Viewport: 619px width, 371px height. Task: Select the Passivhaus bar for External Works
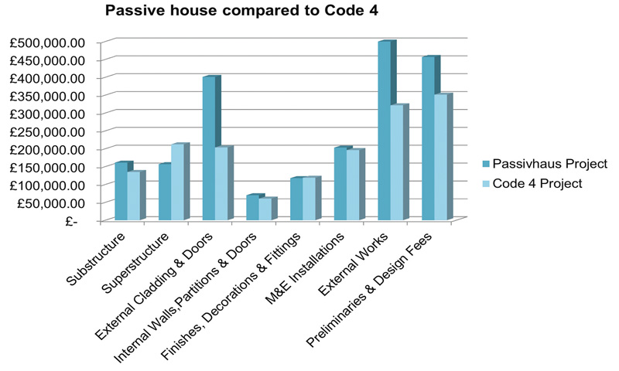(384, 131)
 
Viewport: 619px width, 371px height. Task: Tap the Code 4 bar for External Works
(396, 163)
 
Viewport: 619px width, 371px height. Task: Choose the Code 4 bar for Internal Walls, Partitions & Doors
(265, 209)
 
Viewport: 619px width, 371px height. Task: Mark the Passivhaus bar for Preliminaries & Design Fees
(428, 139)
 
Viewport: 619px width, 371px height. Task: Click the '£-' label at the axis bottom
(71, 221)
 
